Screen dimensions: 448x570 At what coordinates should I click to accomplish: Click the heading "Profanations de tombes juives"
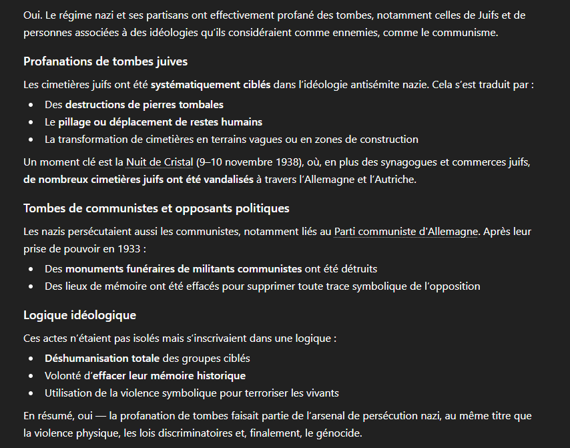point(105,61)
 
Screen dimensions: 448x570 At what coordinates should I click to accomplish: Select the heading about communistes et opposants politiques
point(156,208)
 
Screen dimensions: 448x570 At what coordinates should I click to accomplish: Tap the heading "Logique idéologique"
point(79,315)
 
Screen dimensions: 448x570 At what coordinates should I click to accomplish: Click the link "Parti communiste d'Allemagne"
point(406,232)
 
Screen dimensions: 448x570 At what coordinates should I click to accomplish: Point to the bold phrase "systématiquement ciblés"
point(210,85)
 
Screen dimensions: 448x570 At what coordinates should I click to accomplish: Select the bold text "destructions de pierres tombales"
point(144,105)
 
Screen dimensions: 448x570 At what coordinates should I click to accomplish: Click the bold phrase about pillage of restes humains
point(160,122)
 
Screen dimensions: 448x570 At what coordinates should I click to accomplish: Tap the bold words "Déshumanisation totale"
point(102,359)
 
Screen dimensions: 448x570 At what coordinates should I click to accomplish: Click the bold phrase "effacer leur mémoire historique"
point(169,376)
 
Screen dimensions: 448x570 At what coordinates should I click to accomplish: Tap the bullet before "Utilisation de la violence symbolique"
point(31,393)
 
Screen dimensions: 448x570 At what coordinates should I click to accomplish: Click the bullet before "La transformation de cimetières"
point(31,140)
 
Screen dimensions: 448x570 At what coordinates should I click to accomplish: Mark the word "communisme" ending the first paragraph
point(466,33)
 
